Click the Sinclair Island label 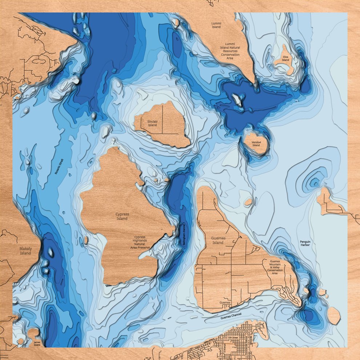click(152, 123)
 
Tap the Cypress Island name click(122, 216)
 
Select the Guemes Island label click(218, 240)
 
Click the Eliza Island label click(285, 58)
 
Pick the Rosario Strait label click(59, 166)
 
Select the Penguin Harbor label click(305, 243)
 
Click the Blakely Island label click(25, 251)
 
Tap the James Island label click(37, 343)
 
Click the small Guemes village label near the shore click(225, 302)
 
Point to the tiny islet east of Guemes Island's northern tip click(248, 202)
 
